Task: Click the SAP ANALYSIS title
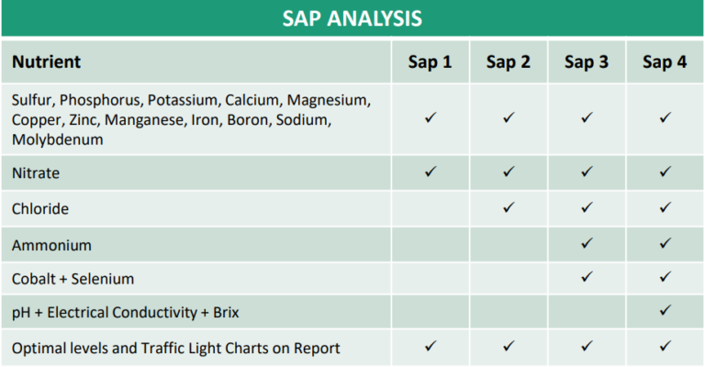(x=352, y=18)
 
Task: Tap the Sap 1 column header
(x=430, y=62)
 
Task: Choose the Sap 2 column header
(x=508, y=62)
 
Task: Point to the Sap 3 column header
(x=587, y=62)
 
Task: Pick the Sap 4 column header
(x=665, y=62)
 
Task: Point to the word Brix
(x=221, y=313)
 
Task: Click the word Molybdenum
(x=56, y=139)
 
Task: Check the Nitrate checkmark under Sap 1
(x=430, y=172)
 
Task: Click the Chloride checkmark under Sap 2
(x=508, y=207)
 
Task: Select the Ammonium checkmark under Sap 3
(x=587, y=243)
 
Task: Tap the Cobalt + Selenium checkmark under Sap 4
(x=665, y=277)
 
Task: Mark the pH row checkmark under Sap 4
(x=665, y=311)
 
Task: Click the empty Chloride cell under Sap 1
(x=430, y=209)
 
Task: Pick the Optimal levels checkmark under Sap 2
(x=508, y=346)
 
